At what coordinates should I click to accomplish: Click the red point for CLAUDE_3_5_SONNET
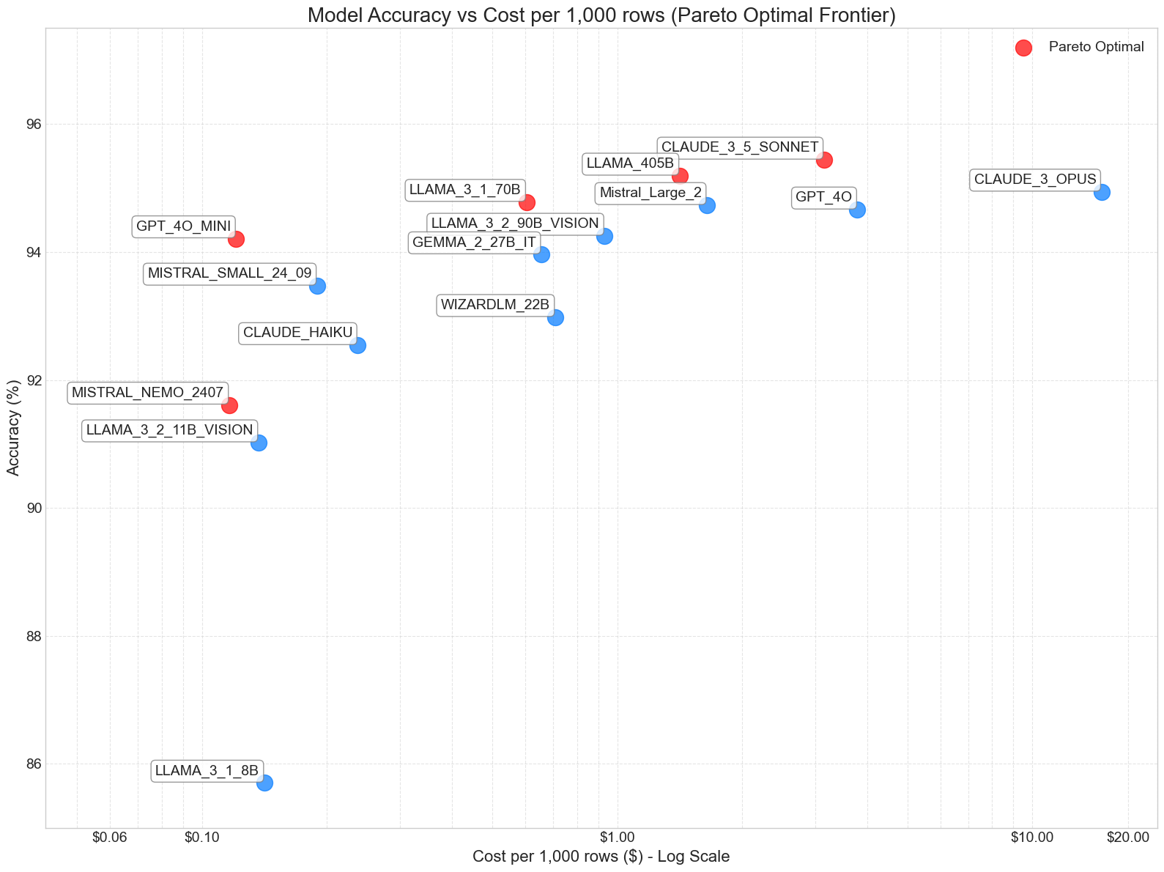pyautogui.click(x=824, y=160)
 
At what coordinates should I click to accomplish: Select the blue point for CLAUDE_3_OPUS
pyautogui.click(x=1102, y=192)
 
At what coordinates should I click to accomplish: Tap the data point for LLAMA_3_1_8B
pyautogui.click(x=264, y=783)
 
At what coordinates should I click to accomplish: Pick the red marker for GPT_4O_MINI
pyautogui.click(x=236, y=239)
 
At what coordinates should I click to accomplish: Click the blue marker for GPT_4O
pyautogui.click(x=857, y=210)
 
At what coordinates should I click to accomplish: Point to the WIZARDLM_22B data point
pyautogui.click(x=555, y=317)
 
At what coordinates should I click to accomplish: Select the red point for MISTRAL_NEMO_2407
pyautogui.click(x=229, y=405)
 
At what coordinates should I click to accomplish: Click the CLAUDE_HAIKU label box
pyautogui.click(x=297, y=333)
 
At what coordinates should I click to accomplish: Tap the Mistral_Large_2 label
pyautogui.click(x=650, y=193)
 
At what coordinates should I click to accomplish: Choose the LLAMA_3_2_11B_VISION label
pyautogui.click(x=169, y=430)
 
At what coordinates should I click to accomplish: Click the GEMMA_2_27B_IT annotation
pyautogui.click(x=474, y=242)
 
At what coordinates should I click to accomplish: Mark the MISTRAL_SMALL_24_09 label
pyautogui.click(x=229, y=273)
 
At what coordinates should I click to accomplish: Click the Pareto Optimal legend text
pyautogui.click(x=1096, y=47)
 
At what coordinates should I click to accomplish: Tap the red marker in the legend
pyautogui.click(x=1023, y=48)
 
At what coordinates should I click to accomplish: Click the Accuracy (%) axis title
pyautogui.click(x=13, y=428)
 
